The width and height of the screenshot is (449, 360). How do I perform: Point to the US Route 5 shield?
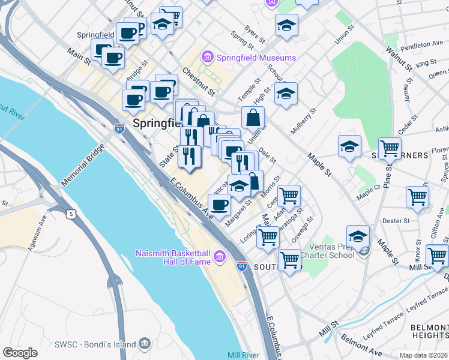72,214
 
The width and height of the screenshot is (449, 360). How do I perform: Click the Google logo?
20,353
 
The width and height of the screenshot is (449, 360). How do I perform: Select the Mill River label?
243,355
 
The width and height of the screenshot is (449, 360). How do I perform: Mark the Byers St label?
255,35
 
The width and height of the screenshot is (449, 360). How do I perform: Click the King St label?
425,63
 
